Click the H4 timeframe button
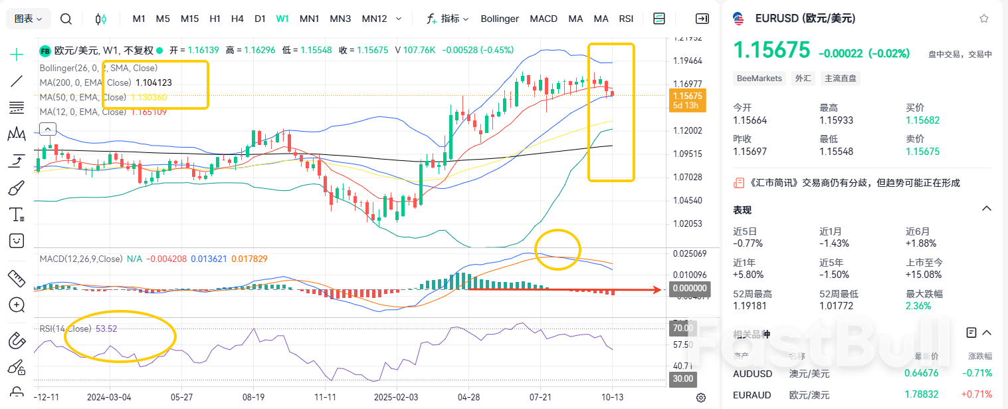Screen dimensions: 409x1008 (237, 19)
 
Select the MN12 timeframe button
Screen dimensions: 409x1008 (374, 19)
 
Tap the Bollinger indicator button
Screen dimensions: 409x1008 (500, 19)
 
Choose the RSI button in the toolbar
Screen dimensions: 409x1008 (626, 19)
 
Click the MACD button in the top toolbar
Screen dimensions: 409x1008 (544, 19)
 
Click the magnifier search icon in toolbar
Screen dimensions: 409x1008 (66, 19)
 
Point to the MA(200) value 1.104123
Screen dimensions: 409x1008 (153, 82)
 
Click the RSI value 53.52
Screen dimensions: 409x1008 (106, 329)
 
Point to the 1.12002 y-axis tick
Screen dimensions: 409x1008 (687, 130)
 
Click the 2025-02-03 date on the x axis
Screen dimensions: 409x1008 (395, 396)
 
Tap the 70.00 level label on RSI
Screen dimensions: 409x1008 (682, 328)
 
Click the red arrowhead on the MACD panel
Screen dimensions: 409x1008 (657, 289)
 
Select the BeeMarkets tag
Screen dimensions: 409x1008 (759, 78)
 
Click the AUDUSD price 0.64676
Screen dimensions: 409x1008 (922, 373)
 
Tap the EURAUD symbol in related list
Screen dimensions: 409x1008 (752, 395)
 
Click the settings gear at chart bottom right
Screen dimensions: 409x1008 (701, 398)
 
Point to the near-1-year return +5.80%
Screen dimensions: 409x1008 (748, 274)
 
